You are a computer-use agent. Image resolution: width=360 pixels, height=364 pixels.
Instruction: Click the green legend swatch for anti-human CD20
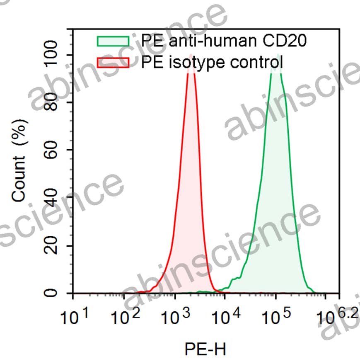point(113,41)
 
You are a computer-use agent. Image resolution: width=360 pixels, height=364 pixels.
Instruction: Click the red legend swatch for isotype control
point(113,63)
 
